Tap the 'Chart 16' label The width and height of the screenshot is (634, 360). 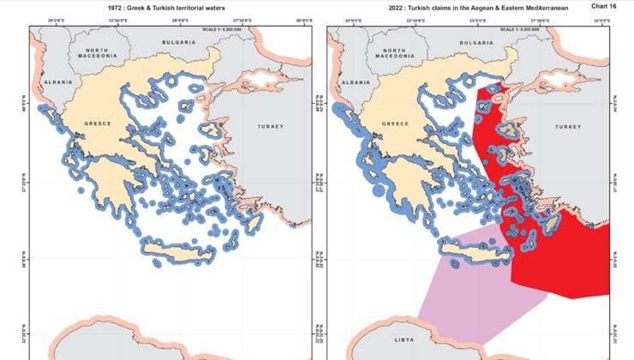[604, 6]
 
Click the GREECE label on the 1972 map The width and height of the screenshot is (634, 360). [97, 124]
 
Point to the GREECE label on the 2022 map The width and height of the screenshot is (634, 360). [394, 124]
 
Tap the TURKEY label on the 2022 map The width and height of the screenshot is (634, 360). [567, 126]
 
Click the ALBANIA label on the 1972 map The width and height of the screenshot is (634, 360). [45, 82]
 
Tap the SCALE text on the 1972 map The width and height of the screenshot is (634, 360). [219, 28]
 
